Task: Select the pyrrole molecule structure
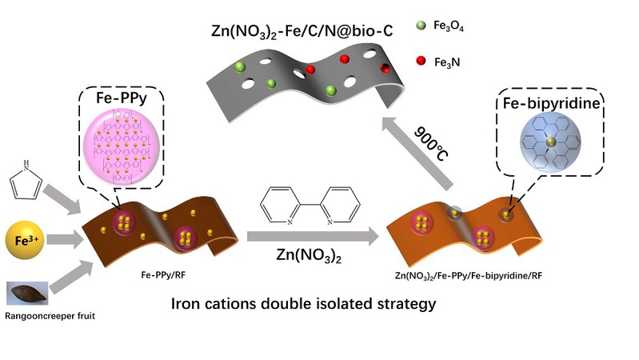tap(26, 181)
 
